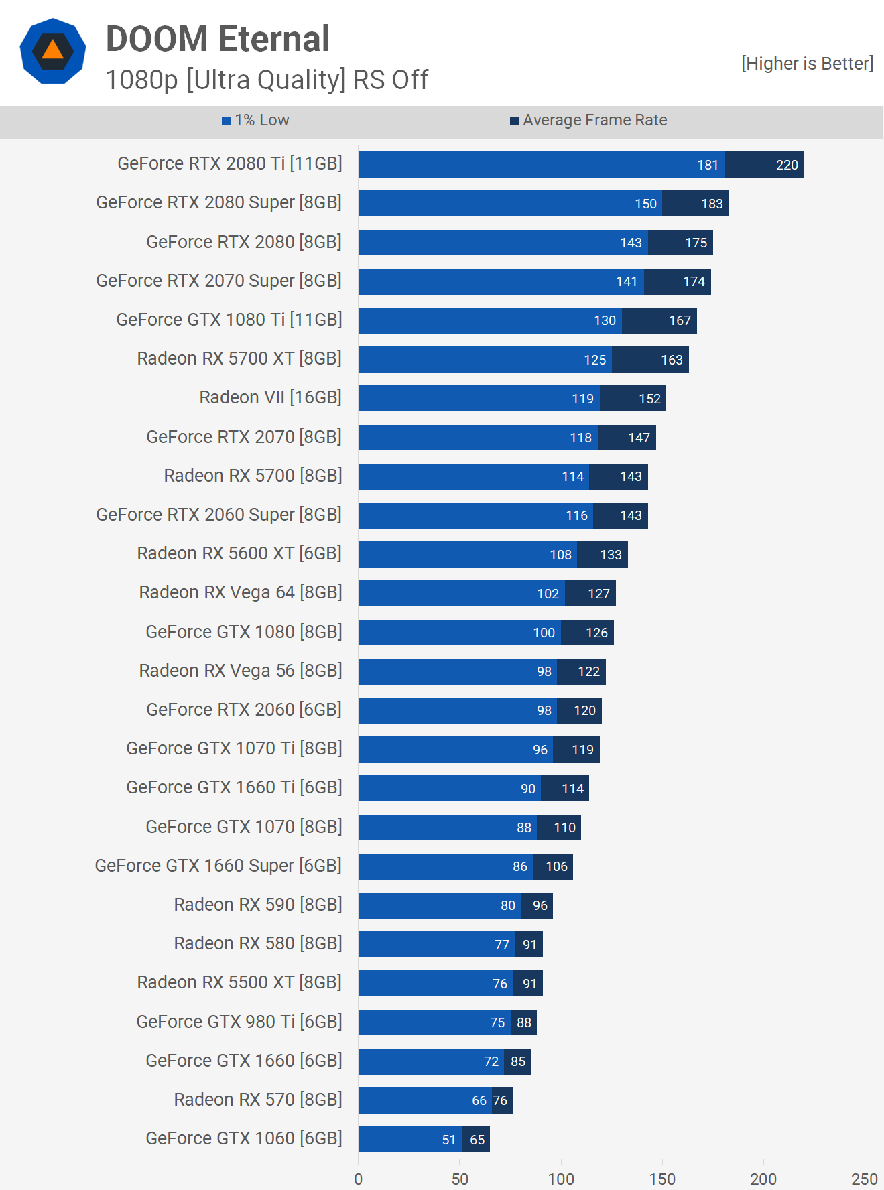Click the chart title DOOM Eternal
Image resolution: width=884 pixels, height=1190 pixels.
[217, 39]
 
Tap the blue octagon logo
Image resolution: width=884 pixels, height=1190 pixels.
[53, 51]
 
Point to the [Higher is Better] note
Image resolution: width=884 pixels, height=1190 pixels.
[807, 64]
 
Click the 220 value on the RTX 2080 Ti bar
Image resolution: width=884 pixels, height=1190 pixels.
[787, 165]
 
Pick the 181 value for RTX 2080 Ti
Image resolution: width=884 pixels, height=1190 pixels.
[708, 165]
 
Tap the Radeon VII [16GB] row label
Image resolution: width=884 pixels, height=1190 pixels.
[270, 397]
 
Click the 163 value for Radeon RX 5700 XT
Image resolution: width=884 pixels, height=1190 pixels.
[672, 360]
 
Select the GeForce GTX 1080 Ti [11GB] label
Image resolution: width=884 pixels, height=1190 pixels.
[229, 320]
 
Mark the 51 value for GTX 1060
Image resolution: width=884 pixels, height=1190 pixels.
[449, 1140]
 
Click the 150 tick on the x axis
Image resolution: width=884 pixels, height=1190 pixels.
[662, 1179]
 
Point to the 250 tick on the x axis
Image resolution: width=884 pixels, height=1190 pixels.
[864, 1179]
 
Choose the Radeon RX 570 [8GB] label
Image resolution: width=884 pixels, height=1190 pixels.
[257, 1100]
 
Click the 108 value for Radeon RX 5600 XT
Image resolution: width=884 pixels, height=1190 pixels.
[560, 555]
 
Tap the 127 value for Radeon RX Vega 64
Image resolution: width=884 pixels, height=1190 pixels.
[598, 594]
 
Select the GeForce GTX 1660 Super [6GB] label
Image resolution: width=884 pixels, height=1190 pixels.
[218, 866]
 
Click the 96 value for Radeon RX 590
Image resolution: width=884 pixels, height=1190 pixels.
[540, 905]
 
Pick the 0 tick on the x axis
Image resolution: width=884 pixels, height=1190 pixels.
[359, 1179]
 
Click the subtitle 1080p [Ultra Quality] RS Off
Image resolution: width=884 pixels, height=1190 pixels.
[267, 80]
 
